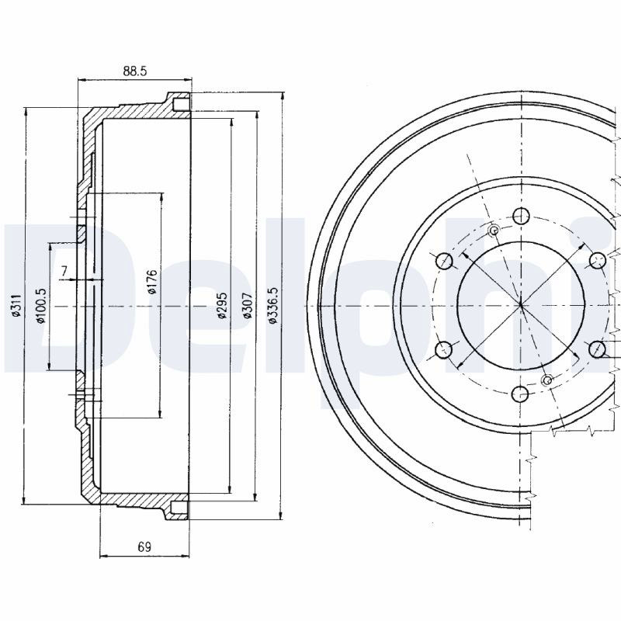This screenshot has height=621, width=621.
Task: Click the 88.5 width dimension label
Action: tap(135, 71)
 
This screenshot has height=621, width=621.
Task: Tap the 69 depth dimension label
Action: tap(144, 547)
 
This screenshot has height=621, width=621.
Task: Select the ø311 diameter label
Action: tap(16, 306)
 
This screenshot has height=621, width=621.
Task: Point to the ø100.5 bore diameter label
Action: tap(42, 305)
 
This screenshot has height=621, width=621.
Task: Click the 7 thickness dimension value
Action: tap(64, 271)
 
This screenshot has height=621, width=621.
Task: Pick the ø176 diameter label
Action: tap(153, 281)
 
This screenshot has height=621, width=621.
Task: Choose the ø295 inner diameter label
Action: tap(222, 305)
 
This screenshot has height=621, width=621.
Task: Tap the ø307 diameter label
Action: tap(247, 305)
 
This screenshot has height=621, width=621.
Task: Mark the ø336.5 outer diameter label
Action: tap(273, 305)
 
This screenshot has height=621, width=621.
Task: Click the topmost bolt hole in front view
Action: tap(521, 216)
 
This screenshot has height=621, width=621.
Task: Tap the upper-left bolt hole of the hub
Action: tap(444, 260)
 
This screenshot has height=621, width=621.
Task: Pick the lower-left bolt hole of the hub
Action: tap(443, 350)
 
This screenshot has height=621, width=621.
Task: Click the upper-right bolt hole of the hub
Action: tap(598, 260)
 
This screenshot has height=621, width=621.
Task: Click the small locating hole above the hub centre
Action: tap(494, 230)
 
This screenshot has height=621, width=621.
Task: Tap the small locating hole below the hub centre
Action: tap(547, 380)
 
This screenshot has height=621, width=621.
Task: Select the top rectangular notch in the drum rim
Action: tap(182, 104)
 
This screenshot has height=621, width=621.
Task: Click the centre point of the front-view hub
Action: tap(521, 305)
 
